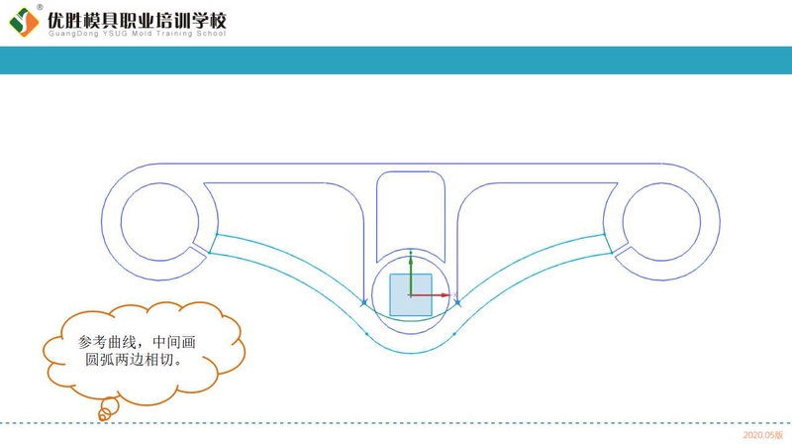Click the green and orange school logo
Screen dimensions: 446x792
24,20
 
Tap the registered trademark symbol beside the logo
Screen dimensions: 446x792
40,7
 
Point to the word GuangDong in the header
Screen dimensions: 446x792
70,34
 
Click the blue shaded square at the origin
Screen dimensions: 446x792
410,295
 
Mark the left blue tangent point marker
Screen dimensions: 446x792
364,301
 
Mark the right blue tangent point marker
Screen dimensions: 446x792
456,301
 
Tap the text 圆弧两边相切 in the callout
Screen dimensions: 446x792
133,360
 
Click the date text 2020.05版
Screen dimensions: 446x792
763,435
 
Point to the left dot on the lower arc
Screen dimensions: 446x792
366,334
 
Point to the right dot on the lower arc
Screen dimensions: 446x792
453,334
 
